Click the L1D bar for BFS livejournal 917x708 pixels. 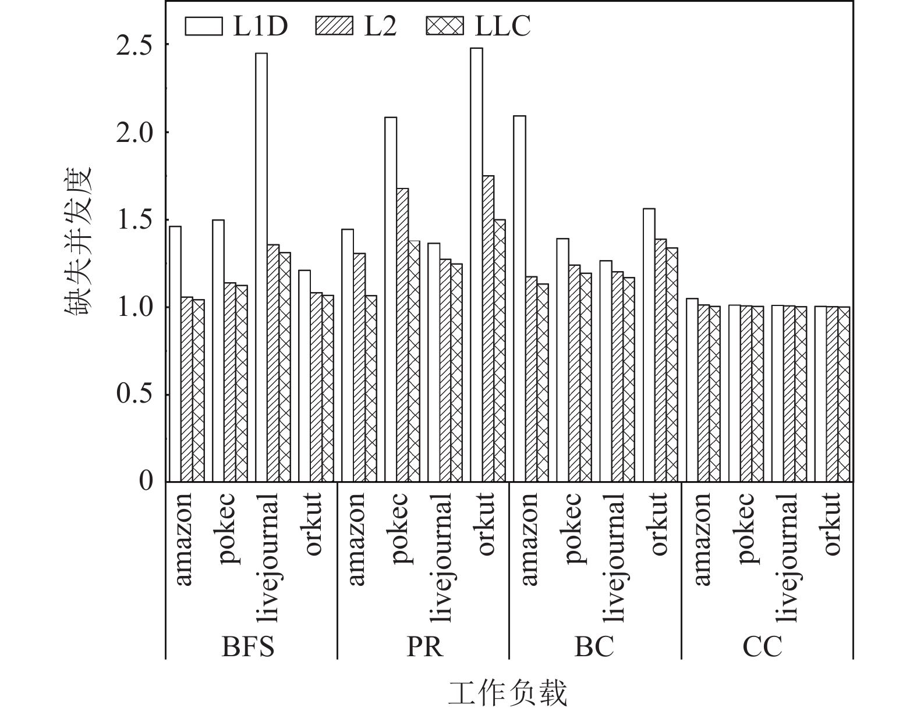tap(261, 268)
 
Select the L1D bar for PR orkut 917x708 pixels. tap(476, 265)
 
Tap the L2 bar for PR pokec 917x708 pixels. tap(402, 335)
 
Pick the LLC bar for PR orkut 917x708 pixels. tap(500, 351)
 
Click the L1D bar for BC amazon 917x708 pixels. tap(519, 298)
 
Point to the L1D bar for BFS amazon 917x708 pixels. tap(175, 354)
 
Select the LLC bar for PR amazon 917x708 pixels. tap(371, 389)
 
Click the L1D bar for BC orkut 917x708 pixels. tap(649, 345)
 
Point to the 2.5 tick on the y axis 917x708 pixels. tap(136, 45)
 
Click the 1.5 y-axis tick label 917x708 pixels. tap(136, 220)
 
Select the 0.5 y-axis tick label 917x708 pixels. tap(136, 395)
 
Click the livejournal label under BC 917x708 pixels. tap(615, 557)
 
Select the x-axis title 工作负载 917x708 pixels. tap(507, 694)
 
